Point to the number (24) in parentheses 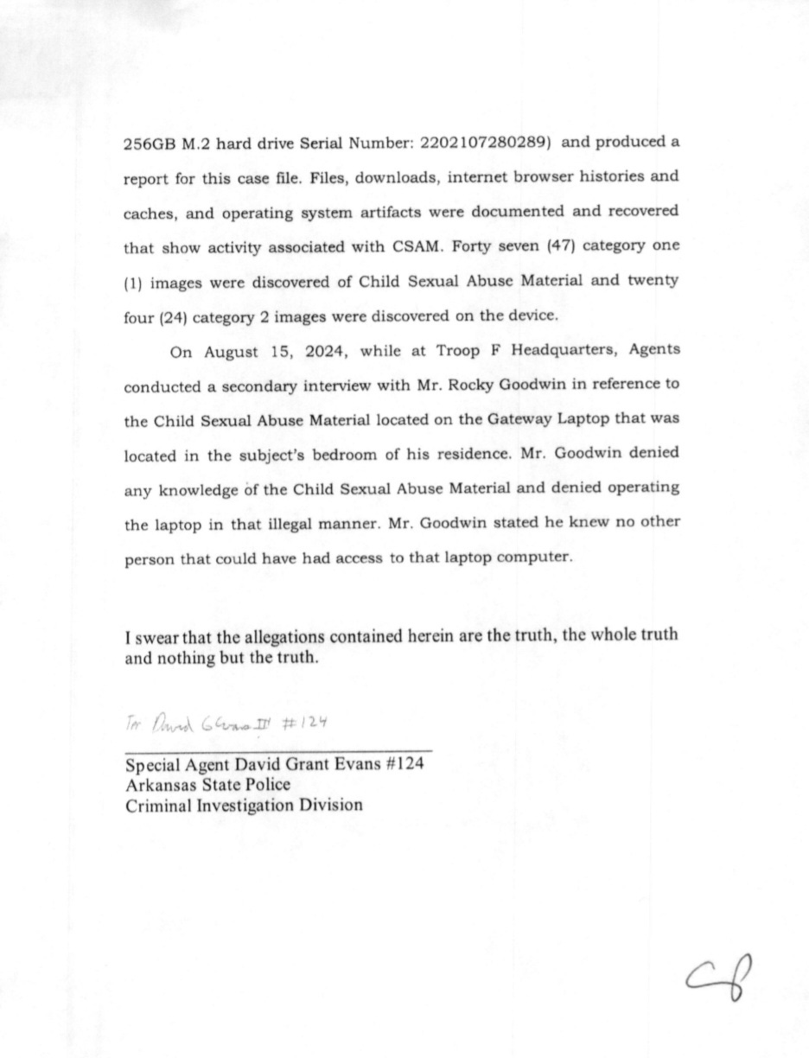tap(169, 316)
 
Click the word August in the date tap(232, 351)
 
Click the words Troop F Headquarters tap(533, 351)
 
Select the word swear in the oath tap(157, 637)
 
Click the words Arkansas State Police tap(207, 785)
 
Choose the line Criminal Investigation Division tap(244, 805)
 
